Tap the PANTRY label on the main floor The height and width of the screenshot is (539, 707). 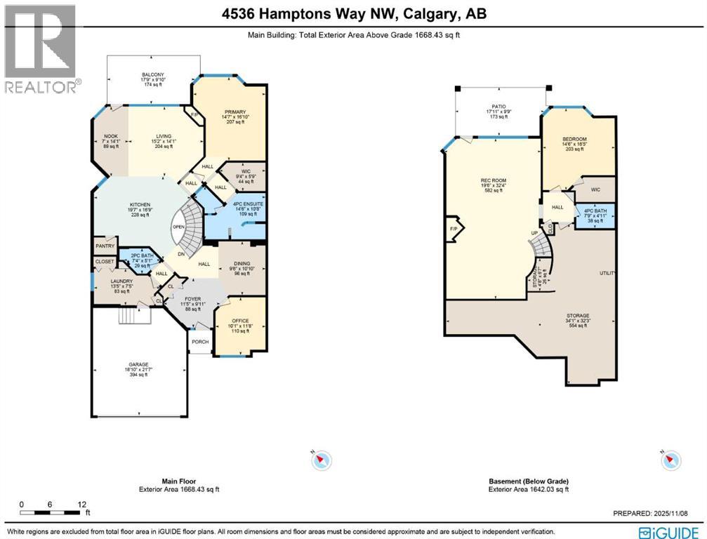tap(105, 246)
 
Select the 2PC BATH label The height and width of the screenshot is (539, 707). tap(137, 255)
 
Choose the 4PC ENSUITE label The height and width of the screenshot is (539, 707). tap(240, 204)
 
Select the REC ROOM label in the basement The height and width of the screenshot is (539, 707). tap(494, 180)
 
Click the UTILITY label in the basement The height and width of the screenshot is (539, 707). tap(607, 272)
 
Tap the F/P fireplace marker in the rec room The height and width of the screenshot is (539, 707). tap(453, 229)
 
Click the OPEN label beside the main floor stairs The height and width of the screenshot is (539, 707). tap(178, 227)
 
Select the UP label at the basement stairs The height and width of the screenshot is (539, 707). tap(534, 234)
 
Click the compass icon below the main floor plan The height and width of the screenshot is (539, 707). tap(322, 460)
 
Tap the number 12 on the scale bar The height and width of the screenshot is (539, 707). tap(82, 505)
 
